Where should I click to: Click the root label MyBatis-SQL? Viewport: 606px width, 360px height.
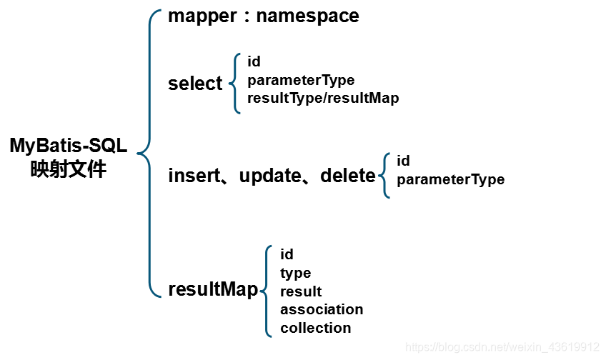(68, 146)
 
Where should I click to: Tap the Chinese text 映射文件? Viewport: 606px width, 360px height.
(68, 170)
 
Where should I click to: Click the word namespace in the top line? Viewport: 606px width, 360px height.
(307, 16)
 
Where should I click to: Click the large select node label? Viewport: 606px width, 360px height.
(195, 84)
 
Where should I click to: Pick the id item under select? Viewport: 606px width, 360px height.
(254, 61)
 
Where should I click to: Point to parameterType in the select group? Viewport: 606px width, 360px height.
(300, 80)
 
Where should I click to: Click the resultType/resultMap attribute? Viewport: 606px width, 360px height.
(322, 98)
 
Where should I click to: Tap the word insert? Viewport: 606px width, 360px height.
(192, 175)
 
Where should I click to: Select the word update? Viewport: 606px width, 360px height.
(269, 175)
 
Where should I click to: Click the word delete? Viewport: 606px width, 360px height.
(347, 175)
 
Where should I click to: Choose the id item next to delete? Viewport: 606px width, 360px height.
(403, 161)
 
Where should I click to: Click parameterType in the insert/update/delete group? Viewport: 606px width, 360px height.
(450, 179)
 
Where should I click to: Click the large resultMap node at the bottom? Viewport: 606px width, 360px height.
(212, 289)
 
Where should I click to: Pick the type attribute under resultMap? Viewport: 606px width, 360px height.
(295, 273)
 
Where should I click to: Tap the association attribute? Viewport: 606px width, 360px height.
(322, 309)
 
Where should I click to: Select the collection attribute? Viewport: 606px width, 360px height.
(315, 328)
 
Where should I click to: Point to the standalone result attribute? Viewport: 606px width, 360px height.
(301, 291)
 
